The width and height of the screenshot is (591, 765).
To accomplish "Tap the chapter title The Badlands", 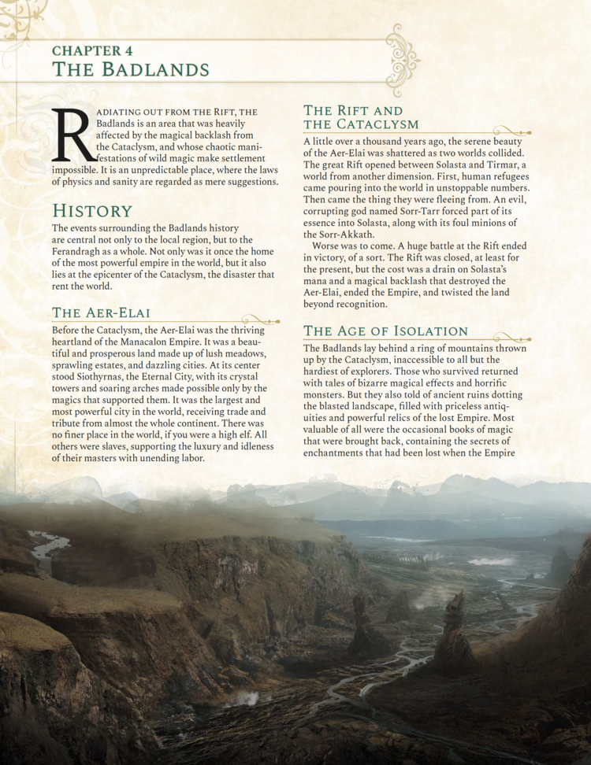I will pyautogui.click(x=130, y=69).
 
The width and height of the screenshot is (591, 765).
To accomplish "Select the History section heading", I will pyautogui.click(x=91, y=211).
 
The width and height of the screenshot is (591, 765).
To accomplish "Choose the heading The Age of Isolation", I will pyautogui.click(x=386, y=331).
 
